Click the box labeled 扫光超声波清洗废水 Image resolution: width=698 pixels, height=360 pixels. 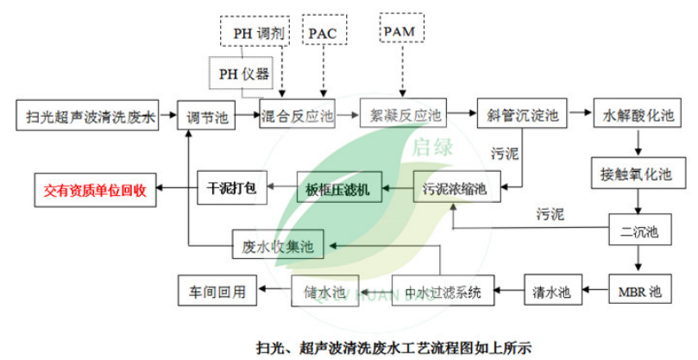[87, 115]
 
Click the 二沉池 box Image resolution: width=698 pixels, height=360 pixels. [639, 232]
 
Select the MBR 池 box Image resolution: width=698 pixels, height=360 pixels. [639, 290]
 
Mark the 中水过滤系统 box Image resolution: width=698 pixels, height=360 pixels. [437, 290]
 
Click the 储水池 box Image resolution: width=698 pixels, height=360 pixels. [324, 290]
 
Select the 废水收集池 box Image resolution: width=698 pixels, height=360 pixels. [277, 247]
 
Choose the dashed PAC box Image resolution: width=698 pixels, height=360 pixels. [324, 34]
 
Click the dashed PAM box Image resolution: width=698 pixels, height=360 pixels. [400, 32]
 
